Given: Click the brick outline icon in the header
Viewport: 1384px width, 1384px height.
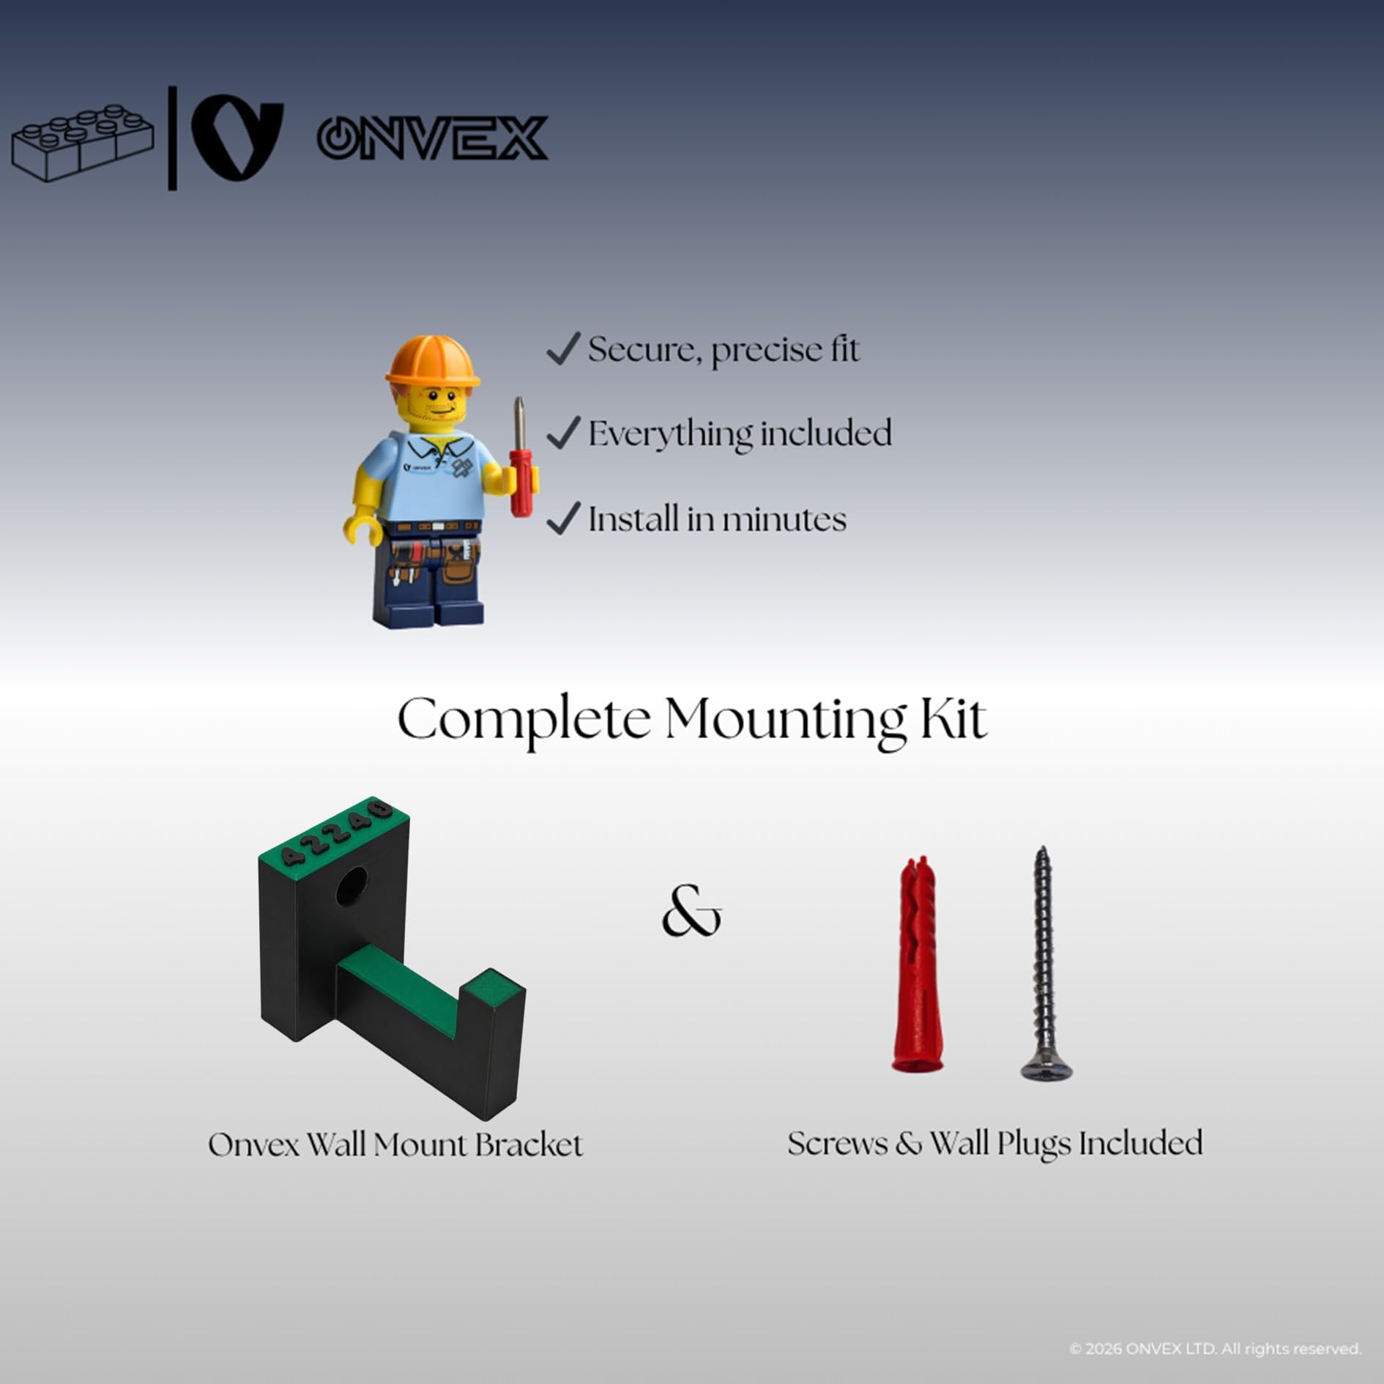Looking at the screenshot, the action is tap(82, 143).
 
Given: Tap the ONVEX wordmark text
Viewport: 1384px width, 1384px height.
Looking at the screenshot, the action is tap(432, 138).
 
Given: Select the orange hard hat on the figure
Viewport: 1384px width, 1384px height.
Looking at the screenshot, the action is tap(432, 360).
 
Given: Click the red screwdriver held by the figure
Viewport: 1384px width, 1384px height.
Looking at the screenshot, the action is tap(521, 458).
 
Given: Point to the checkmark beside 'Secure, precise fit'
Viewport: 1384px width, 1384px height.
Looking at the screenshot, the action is tap(564, 349).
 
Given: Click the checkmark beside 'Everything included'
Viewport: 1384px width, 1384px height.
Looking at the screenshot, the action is tap(564, 432).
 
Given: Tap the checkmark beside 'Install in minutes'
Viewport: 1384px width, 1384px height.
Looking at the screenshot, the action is tap(564, 518).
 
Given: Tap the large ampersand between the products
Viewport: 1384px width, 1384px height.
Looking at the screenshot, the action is tap(691, 912).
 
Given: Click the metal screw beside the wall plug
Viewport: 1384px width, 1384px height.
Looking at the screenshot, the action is tap(1046, 963).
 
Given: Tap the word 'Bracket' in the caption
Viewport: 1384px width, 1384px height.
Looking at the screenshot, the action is tap(529, 1145).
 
